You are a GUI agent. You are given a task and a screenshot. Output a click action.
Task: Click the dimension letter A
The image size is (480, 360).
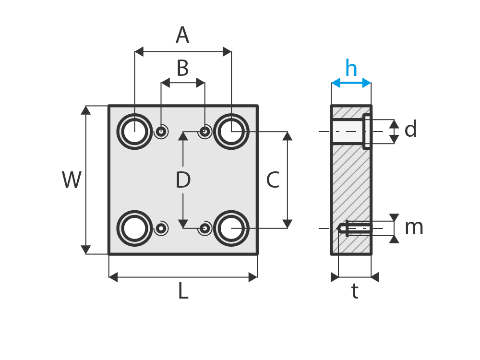(182, 36)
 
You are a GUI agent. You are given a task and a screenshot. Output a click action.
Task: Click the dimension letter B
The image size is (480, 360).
(182, 69)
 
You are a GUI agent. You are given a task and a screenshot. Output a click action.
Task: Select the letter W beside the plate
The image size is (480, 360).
(72, 180)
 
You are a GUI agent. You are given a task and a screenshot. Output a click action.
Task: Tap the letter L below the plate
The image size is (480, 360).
(183, 291)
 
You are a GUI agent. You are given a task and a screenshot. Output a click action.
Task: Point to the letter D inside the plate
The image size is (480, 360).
(183, 180)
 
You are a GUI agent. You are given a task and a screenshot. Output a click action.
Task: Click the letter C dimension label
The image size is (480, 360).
(273, 180)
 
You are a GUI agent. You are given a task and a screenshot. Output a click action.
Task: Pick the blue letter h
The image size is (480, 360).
(351, 69)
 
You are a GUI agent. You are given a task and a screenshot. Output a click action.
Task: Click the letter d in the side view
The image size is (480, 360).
(410, 130)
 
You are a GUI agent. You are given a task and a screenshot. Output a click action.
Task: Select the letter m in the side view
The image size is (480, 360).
(413, 228)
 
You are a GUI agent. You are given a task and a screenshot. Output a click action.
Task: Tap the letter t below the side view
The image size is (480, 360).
(354, 291)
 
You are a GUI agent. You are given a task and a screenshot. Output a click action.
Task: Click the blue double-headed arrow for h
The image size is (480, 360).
(351, 83)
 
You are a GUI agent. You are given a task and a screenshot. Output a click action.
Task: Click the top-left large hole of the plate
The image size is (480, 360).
(134, 132)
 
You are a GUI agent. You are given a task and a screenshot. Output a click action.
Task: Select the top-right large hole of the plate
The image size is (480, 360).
(231, 132)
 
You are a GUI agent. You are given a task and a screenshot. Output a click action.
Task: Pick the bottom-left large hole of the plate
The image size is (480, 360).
(134, 228)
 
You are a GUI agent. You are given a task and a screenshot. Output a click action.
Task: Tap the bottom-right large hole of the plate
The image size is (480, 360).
(231, 228)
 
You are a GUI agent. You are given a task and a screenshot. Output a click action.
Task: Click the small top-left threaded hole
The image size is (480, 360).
(161, 132)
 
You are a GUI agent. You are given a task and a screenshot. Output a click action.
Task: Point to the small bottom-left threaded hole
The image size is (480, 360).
(161, 228)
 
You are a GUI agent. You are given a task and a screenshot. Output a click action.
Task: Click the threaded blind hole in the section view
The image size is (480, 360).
(355, 228)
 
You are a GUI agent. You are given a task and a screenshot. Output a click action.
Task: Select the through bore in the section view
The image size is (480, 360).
(348, 132)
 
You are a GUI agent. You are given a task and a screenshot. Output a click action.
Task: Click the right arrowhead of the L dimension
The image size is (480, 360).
(253, 277)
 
